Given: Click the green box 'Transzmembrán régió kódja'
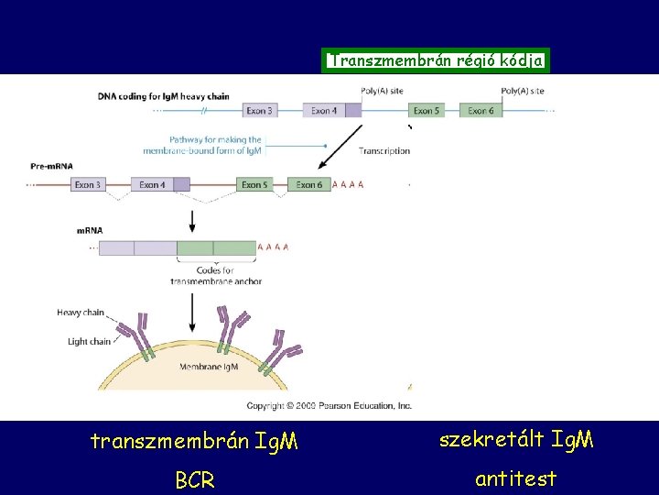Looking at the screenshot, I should point(437,61).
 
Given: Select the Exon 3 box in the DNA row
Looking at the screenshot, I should point(259,111).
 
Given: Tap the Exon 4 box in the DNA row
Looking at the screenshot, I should point(324,111).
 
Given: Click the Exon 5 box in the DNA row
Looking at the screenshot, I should point(427,111).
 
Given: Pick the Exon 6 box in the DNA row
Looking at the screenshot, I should point(481,111).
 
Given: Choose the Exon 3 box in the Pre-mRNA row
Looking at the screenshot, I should point(88,184).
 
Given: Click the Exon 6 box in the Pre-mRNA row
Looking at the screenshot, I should point(308,184).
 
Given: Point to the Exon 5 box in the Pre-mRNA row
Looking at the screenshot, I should point(254,184).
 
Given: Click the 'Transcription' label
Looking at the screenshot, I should point(384,150).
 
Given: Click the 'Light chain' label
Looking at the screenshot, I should point(89,342).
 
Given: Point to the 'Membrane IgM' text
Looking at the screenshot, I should point(208,367).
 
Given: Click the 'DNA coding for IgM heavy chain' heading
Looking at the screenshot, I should point(164,95).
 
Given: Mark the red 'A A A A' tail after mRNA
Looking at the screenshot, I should point(274,247).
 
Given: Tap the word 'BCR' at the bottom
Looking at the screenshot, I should point(194,480).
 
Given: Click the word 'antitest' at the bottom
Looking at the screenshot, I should point(515,478).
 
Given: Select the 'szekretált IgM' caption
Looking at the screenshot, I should point(516,440).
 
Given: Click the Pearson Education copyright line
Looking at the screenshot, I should point(329,405).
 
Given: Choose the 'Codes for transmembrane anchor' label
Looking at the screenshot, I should point(215,275).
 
